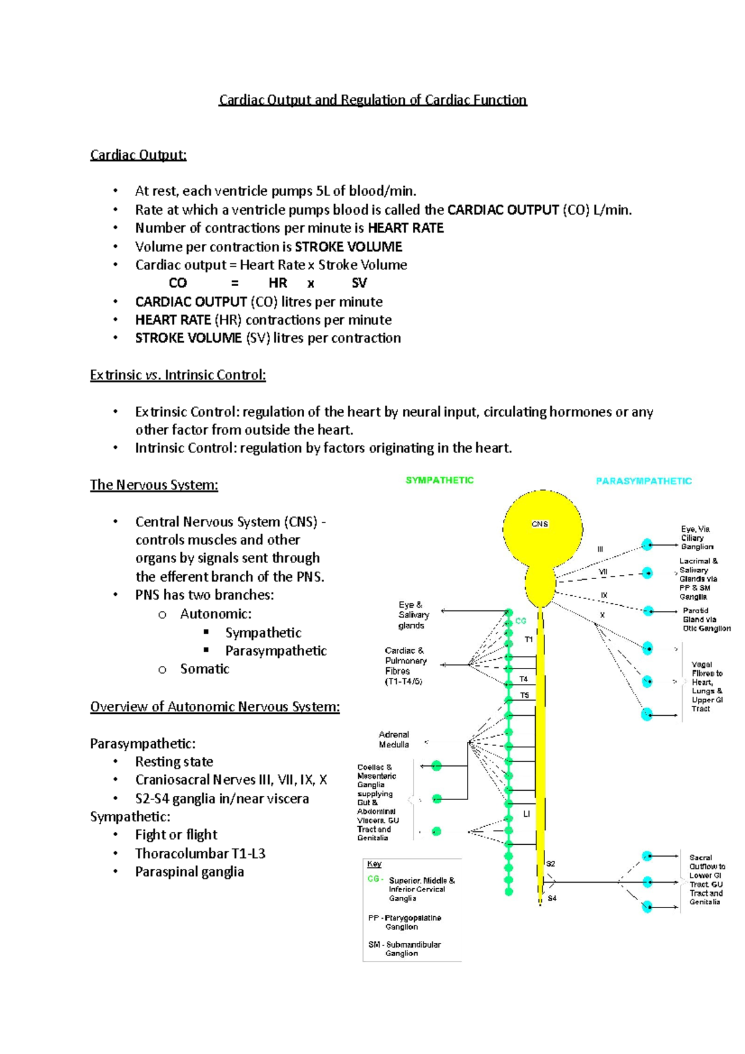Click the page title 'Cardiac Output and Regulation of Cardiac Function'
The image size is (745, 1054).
pyautogui.click(x=372, y=100)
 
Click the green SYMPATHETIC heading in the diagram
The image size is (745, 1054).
pyautogui.click(x=440, y=480)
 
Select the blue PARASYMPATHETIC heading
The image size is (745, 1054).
pyautogui.click(x=644, y=481)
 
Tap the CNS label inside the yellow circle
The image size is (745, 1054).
pyautogui.click(x=540, y=524)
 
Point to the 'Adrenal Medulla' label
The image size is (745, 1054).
pyautogui.click(x=394, y=739)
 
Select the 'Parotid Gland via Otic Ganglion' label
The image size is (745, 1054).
pyautogui.click(x=707, y=619)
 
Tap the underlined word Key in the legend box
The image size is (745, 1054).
pyautogui.click(x=374, y=864)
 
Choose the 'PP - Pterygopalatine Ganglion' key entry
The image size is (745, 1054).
pyautogui.click(x=405, y=922)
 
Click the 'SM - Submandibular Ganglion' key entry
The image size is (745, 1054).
pyautogui.click(x=404, y=948)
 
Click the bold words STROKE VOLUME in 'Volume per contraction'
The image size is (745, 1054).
pyautogui.click(x=348, y=246)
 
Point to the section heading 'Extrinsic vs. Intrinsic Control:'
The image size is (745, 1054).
pyautogui.click(x=178, y=375)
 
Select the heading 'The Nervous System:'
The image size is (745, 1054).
pyautogui.click(x=154, y=485)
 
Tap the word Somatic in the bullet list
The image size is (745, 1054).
pyautogui.click(x=205, y=669)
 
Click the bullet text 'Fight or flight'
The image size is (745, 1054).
pyautogui.click(x=176, y=834)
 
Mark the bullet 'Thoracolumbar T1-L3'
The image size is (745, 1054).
pyautogui.click(x=200, y=853)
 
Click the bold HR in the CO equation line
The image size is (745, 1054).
pyautogui.click(x=278, y=283)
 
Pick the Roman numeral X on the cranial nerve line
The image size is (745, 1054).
pyautogui.click(x=602, y=615)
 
